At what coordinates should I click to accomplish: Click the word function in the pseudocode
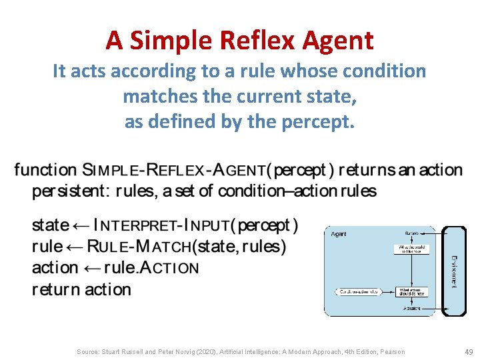tap(45, 170)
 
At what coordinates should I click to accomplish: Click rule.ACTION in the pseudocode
tap(157, 268)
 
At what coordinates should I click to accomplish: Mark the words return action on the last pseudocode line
tap(81, 290)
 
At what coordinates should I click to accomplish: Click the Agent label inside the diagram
tap(339, 235)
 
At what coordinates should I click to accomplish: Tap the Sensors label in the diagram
tap(411, 233)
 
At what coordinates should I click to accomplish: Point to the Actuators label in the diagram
tap(411, 309)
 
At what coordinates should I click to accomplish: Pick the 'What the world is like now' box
tap(411, 250)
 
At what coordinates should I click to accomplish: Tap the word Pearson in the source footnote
tap(392, 351)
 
